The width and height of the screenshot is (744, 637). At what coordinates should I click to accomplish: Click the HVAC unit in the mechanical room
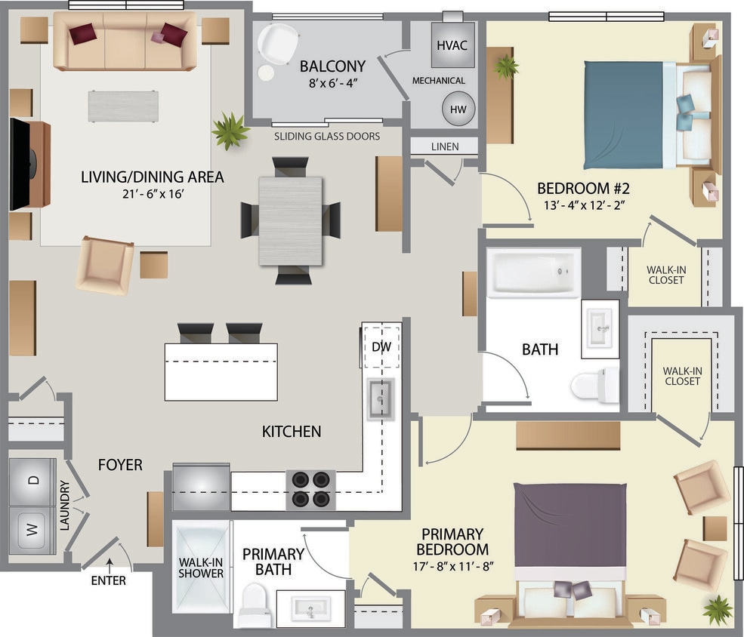point(452,45)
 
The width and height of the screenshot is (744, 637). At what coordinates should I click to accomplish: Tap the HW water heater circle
point(458,109)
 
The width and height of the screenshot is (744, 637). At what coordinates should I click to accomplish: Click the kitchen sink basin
point(381,398)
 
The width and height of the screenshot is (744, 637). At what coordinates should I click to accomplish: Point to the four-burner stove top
point(310,489)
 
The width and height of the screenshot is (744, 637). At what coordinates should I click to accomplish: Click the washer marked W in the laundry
point(32,530)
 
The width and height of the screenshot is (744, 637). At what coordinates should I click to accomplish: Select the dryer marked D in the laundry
point(32,480)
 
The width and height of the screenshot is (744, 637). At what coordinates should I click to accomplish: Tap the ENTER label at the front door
point(108,580)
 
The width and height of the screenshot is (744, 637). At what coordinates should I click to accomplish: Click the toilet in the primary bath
point(255,608)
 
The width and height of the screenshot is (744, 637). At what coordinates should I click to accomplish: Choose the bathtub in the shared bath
point(533,273)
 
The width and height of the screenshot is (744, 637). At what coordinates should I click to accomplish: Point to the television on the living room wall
point(19,165)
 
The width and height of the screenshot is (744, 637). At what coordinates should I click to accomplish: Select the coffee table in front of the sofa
point(123,106)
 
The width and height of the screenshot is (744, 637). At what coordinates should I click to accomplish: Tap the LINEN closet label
point(445,146)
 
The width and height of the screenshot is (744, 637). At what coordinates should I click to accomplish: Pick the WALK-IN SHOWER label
point(200,568)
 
